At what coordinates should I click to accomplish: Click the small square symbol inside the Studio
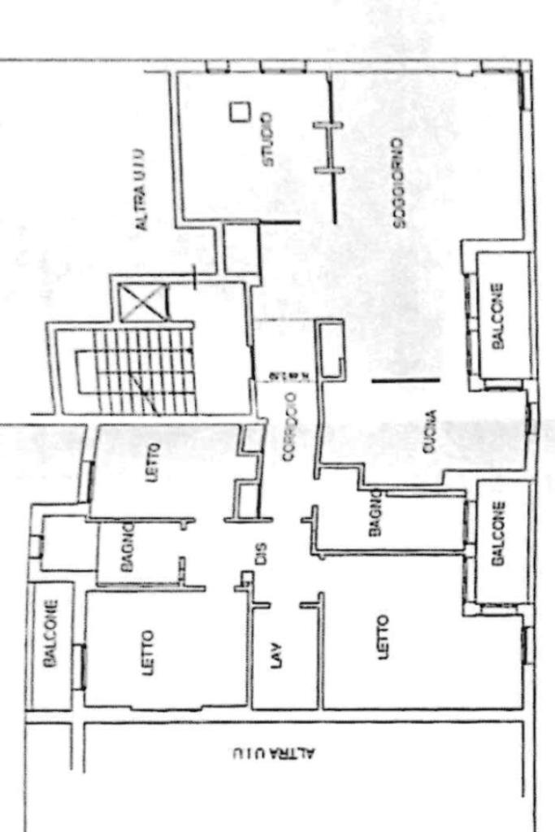[238, 111]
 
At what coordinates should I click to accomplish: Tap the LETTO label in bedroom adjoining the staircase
[154, 461]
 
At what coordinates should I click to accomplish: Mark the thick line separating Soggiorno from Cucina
[406, 380]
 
